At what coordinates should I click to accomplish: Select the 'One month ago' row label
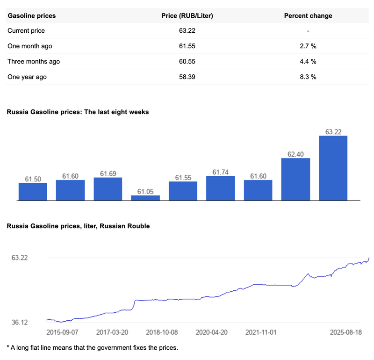(30, 46)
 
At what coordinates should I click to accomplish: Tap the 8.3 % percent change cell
(308, 77)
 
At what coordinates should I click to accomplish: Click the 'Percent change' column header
(308, 15)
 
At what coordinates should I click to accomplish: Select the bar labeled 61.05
(145, 198)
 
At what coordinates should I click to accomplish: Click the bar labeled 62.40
(295, 179)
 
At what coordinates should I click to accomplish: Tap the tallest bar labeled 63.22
(333, 168)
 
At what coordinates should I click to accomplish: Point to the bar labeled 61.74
(220, 188)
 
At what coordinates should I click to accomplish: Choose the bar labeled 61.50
(33, 191)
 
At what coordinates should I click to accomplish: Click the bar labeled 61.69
(108, 189)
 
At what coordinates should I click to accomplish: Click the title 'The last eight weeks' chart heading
(78, 112)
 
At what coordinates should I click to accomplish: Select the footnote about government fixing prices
(92, 347)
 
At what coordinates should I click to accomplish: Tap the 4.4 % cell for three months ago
(308, 61)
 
